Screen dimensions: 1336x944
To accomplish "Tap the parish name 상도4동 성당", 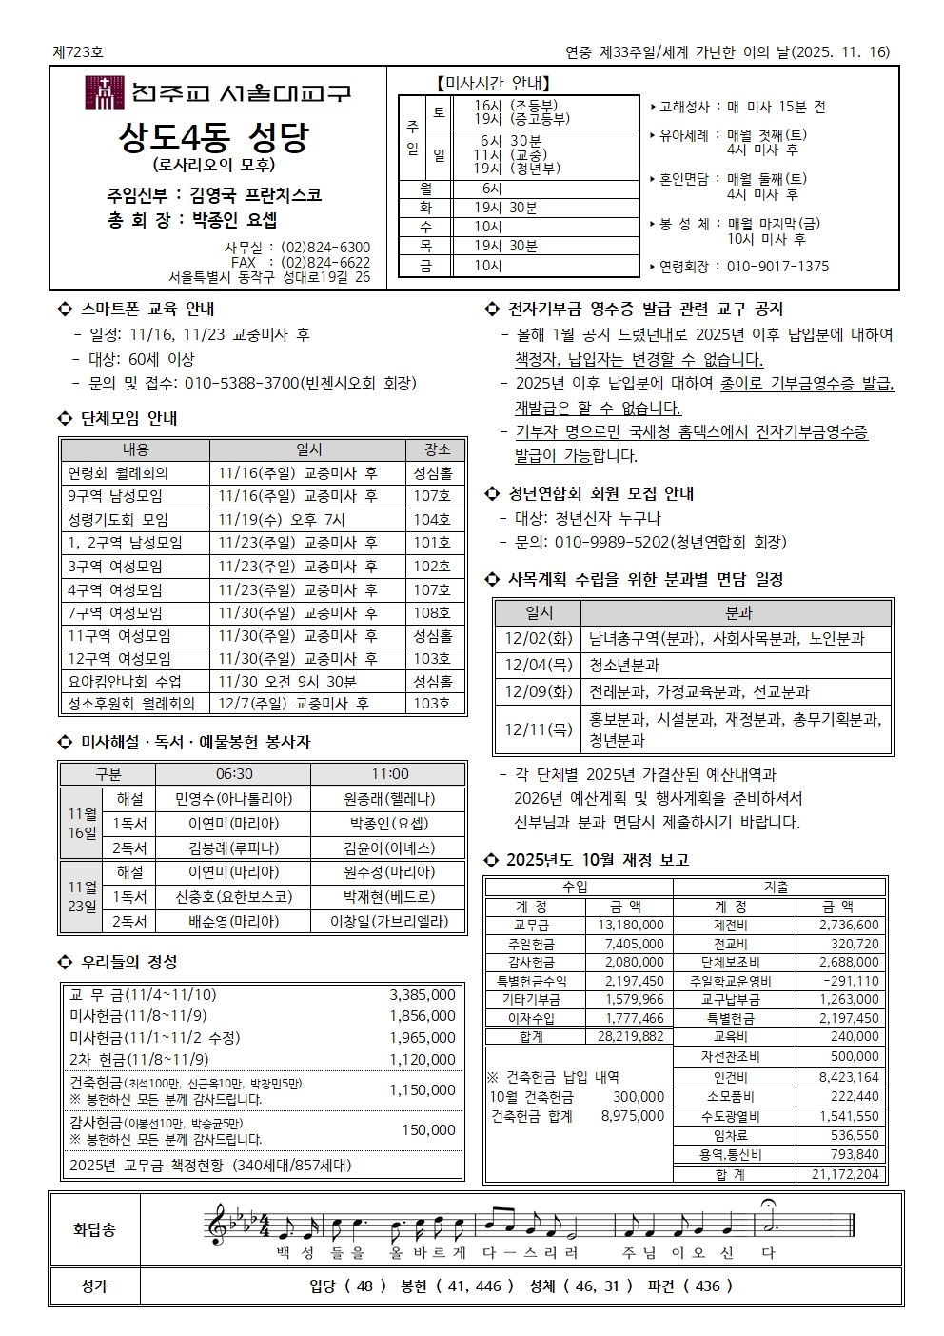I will [213, 137].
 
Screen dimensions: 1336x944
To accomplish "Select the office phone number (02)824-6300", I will [325, 248].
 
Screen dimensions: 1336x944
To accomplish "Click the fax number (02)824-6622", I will [325, 263].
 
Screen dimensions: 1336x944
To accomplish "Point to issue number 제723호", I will [78, 52].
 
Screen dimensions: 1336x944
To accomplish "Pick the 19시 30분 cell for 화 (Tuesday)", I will [505, 208].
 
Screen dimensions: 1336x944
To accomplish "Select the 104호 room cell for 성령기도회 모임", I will [432, 519].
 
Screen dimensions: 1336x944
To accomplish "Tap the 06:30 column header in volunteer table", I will [234, 774].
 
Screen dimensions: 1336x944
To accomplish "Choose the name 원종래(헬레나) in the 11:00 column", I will [389, 799].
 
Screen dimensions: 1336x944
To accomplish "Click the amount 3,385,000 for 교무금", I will [422, 995].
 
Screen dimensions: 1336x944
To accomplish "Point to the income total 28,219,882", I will [631, 1036].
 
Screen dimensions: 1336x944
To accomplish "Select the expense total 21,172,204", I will [845, 1174].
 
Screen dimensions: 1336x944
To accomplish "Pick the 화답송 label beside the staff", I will [94, 1230].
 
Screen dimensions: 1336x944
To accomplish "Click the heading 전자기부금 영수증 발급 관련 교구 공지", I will [645, 309].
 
